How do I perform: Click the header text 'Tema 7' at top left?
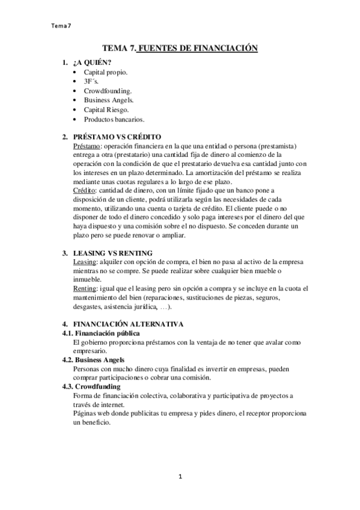(x=62, y=25)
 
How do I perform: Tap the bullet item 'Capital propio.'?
(x=105, y=72)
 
